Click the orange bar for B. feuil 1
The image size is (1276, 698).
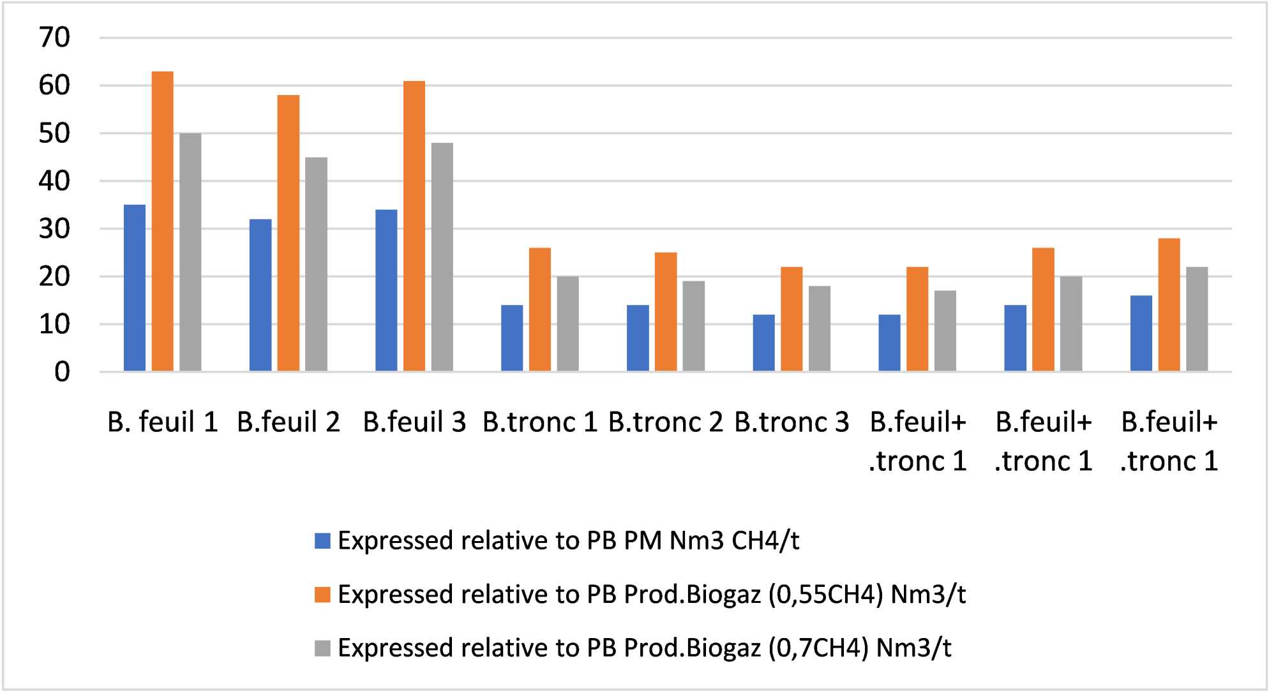(x=162, y=221)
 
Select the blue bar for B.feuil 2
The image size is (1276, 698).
(x=260, y=295)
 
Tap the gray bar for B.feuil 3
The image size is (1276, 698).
(x=442, y=256)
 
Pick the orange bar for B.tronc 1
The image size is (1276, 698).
(x=540, y=309)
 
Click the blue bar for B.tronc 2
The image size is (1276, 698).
(x=638, y=338)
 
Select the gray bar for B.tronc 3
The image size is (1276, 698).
(x=820, y=329)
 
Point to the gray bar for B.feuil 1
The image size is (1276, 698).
(x=190, y=252)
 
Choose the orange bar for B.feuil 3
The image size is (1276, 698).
(x=414, y=226)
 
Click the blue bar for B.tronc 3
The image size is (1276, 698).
(x=763, y=343)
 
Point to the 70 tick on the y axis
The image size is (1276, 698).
(x=54, y=38)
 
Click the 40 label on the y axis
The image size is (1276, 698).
(x=54, y=181)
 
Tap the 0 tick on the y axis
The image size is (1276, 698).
(x=62, y=372)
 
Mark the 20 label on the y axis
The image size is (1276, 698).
(x=54, y=277)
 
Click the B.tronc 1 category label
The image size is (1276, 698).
(x=540, y=422)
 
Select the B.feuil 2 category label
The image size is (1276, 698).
(x=289, y=422)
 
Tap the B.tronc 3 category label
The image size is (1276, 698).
(x=792, y=422)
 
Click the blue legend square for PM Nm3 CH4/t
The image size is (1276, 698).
(x=322, y=541)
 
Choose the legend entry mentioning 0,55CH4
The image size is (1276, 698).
(x=651, y=595)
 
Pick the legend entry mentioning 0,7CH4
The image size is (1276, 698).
(x=645, y=648)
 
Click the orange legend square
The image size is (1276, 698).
(x=322, y=595)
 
